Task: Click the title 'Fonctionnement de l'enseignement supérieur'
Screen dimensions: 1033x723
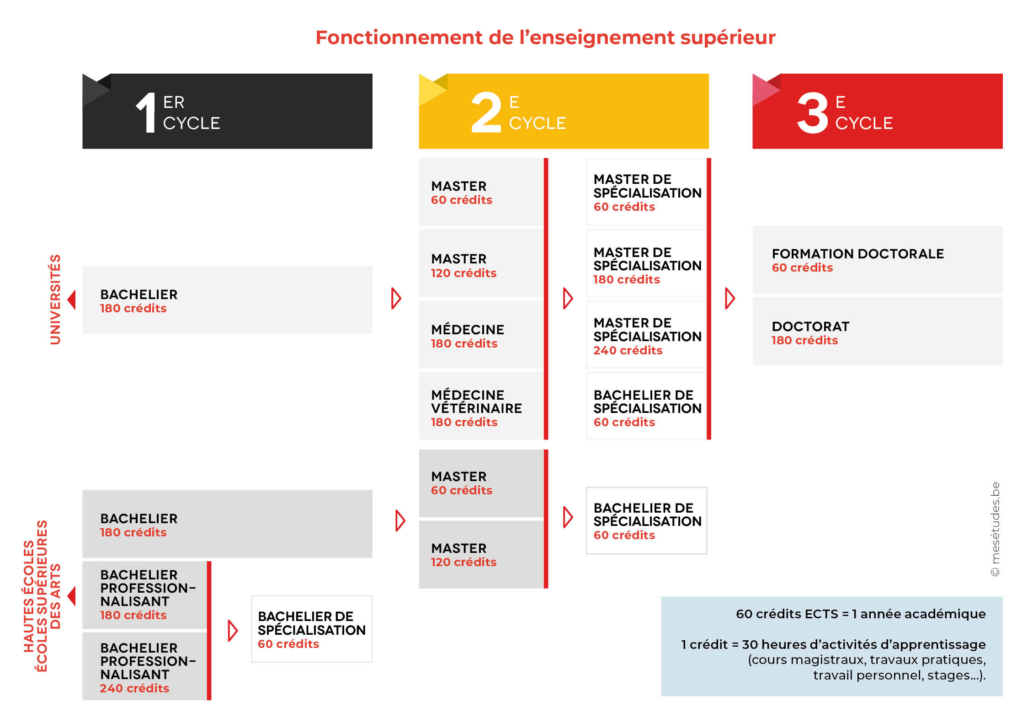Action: (x=545, y=37)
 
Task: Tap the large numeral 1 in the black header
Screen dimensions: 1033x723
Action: (x=147, y=112)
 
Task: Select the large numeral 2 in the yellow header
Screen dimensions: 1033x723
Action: (x=486, y=112)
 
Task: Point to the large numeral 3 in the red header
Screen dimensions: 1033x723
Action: (x=813, y=112)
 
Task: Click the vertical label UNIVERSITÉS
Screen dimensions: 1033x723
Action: (x=55, y=300)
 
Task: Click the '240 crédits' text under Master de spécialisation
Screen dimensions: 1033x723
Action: (x=628, y=351)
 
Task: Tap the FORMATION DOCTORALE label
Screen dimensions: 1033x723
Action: (x=857, y=254)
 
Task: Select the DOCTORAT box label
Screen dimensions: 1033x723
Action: (x=810, y=327)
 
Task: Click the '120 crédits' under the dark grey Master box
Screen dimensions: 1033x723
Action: (x=463, y=562)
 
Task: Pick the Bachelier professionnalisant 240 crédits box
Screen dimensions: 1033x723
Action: (x=145, y=666)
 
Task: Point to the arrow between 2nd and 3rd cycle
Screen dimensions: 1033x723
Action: (x=730, y=299)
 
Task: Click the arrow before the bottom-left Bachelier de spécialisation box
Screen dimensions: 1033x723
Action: (x=233, y=631)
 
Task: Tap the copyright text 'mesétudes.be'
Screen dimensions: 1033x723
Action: (x=995, y=529)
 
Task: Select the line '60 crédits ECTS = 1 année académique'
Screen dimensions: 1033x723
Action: (x=860, y=614)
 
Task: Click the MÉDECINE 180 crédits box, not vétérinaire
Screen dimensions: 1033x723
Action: (x=481, y=334)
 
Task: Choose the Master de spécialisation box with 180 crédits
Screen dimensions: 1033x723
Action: (x=646, y=264)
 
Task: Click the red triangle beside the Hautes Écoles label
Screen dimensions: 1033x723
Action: (x=71, y=596)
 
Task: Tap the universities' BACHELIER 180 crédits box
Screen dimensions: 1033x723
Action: (x=227, y=300)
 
